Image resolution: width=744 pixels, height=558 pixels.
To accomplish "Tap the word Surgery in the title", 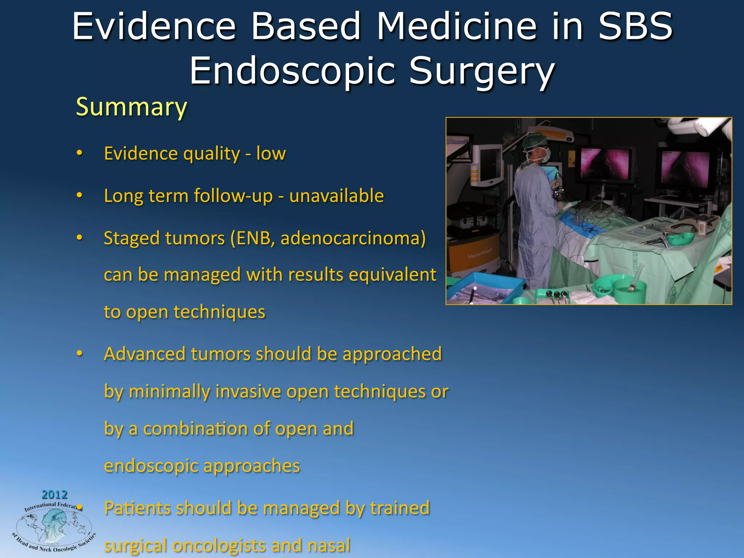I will coord(482,71).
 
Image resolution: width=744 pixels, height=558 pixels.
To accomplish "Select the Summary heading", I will coord(131,107).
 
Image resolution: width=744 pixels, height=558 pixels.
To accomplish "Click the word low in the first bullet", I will coord(271,153).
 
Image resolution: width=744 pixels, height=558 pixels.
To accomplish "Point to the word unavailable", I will coord(336,196).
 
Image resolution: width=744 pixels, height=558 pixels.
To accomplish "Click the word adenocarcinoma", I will coord(353,238).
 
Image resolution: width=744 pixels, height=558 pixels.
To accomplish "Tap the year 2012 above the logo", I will coord(54,494).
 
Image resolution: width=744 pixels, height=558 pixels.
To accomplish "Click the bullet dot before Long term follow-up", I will coord(80,195).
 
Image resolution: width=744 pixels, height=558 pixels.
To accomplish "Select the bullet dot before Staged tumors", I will coord(80,238).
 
